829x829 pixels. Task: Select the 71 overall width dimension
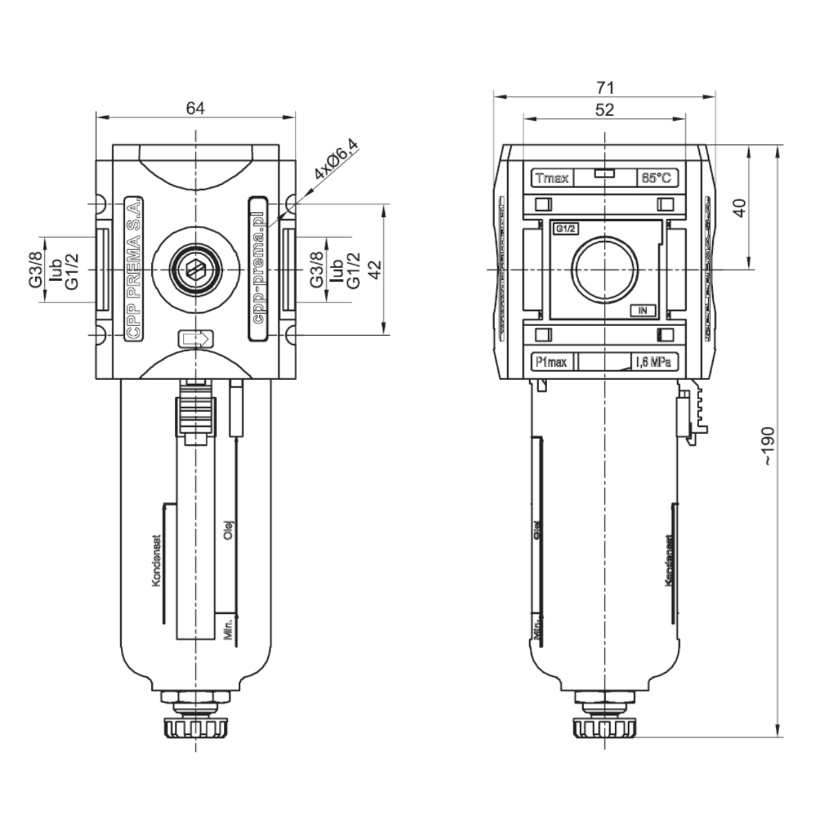pos(605,87)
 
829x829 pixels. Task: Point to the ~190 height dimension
pos(770,446)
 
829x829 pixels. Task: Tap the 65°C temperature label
pos(656,178)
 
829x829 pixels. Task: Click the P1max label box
pos(549,361)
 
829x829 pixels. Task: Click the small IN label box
pos(642,310)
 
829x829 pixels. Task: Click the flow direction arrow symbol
pos(196,339)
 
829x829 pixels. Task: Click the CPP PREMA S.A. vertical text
pos(135,269)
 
